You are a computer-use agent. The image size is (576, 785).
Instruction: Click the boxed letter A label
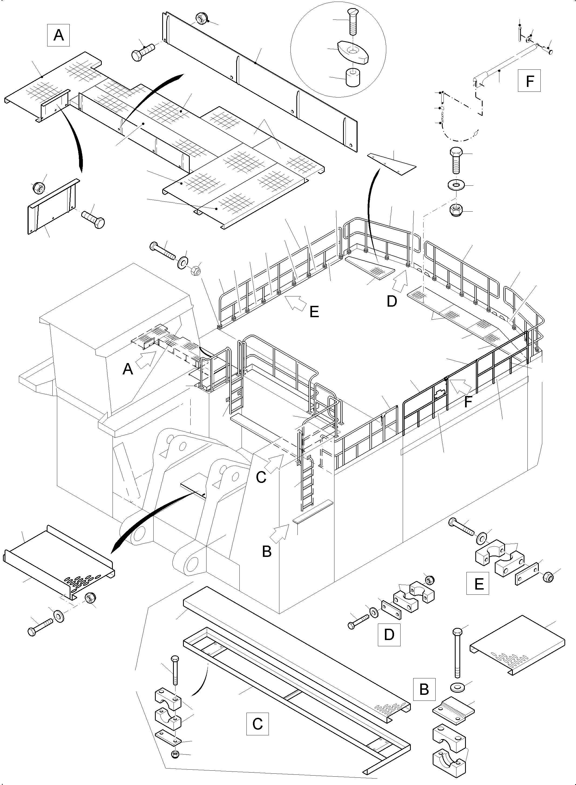(x=58, y=35)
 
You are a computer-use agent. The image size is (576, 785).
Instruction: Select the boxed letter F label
(x=529, y=81)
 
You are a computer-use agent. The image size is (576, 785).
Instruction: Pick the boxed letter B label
(x=424, y=689)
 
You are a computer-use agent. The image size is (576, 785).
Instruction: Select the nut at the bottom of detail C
(x=175, y=755)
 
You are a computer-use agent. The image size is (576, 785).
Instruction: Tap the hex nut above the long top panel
(x=201, y=18)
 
